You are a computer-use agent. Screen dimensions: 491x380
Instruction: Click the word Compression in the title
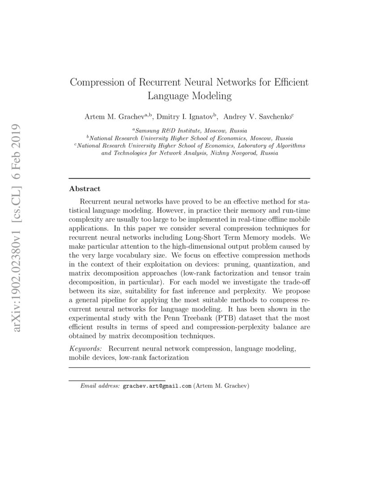coord(98,83)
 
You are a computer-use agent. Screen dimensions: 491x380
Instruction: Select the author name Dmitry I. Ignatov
coord(186,117)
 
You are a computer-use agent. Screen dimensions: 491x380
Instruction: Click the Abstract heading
coord(84,189)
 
